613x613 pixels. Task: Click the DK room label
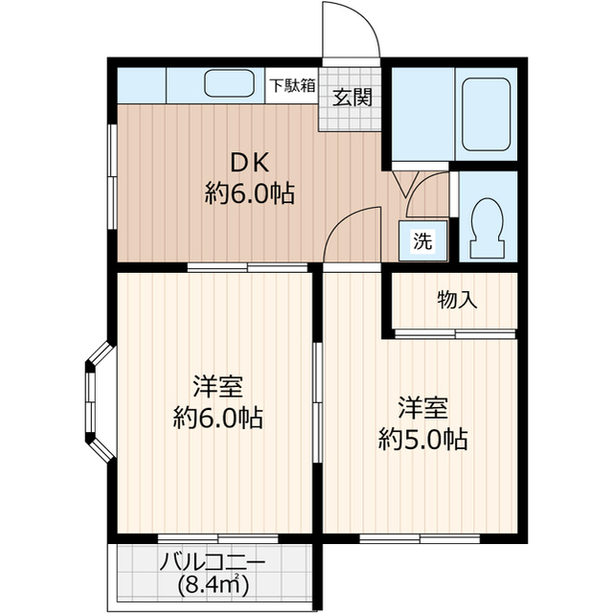point(248,162)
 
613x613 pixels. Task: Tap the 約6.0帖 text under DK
point(248,194)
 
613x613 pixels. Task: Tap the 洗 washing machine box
point(421,241)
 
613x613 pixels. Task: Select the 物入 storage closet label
point(456,300)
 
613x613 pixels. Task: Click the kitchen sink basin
point(228,84)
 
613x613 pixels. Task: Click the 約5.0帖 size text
point(422,440)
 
